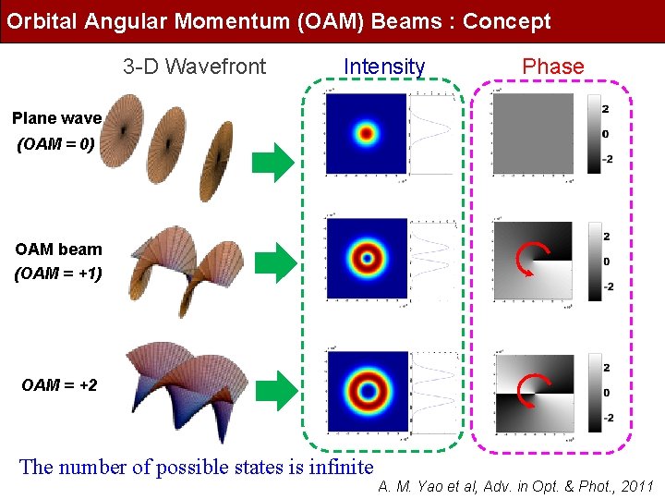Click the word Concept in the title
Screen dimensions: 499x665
[x=506, y=21]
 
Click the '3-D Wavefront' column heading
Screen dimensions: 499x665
[x=194, y=67]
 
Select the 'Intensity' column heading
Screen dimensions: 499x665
[x=384, y=67]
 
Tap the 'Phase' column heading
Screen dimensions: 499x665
[x=552, y=67]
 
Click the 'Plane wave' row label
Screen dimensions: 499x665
[x=56, y=118]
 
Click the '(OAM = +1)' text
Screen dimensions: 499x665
[x=58, y=274]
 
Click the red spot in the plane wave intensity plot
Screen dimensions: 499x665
[x=367, y=134]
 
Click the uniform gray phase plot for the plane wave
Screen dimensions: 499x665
[x=533, y=134]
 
